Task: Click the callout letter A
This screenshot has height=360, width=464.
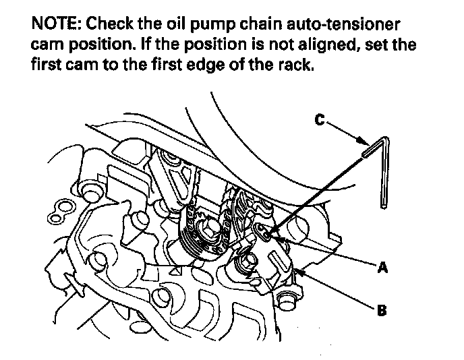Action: (382, 268)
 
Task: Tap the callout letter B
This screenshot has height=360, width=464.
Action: (382, 311)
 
